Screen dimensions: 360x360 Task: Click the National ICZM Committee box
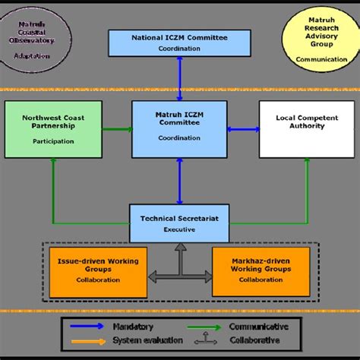tap(180, 42)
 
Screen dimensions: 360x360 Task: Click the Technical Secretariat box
tap(180, 221)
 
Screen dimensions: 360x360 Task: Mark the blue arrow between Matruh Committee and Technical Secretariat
tap(180, 181)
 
